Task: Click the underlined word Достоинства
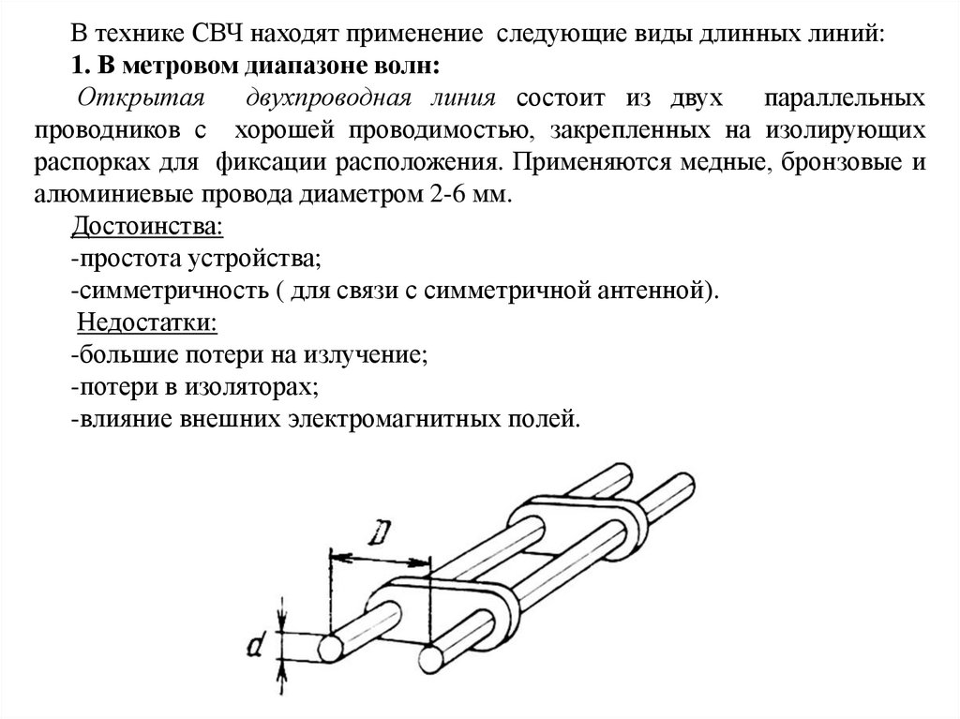(146, 227)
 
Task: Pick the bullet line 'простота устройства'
(200, 259)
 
